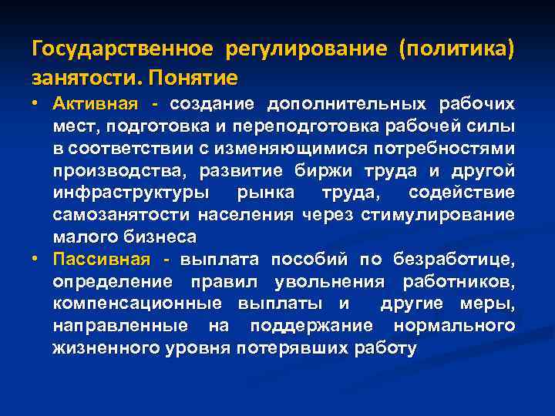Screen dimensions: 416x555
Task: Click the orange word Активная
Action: pos(95,103)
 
